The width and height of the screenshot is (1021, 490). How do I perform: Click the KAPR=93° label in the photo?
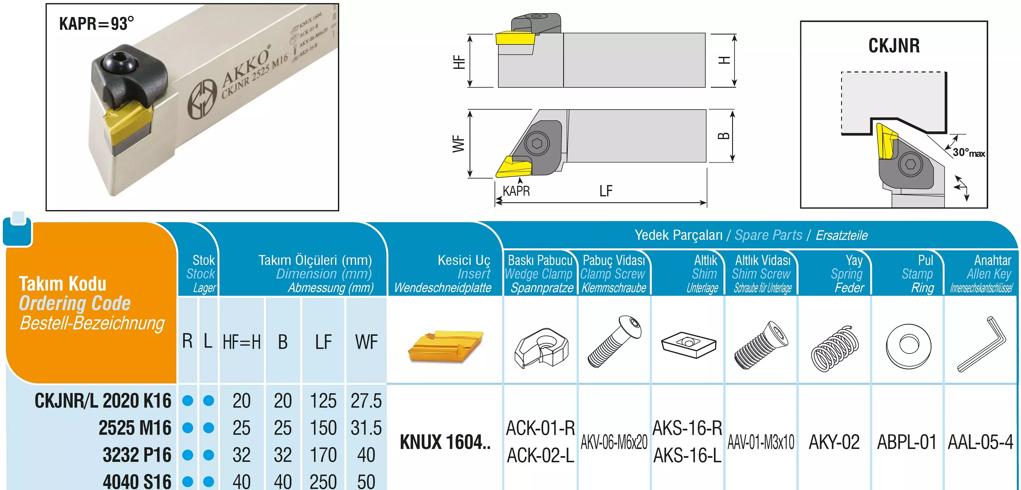[96, 24]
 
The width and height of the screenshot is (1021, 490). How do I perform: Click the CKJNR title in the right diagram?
[894, 45]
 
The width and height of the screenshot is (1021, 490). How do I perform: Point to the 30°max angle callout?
[968, 153]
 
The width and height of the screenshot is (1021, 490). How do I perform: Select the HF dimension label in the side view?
[459, 62]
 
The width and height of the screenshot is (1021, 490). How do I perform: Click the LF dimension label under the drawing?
[606, 191]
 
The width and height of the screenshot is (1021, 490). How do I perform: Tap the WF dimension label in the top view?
[458, 143]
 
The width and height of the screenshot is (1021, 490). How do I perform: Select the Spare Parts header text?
[768, 235]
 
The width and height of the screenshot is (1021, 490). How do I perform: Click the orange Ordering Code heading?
[75, 303]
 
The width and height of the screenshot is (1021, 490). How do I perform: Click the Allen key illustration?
[981, 344]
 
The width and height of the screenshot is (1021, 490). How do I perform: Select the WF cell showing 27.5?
[366, 401]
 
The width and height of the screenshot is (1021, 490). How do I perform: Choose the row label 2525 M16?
[135, 428]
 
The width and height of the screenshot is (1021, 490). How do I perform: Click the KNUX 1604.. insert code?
[445, 442]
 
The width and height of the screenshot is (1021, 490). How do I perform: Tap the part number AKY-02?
[834, 442]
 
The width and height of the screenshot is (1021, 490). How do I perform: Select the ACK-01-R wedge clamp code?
[540, 428]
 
